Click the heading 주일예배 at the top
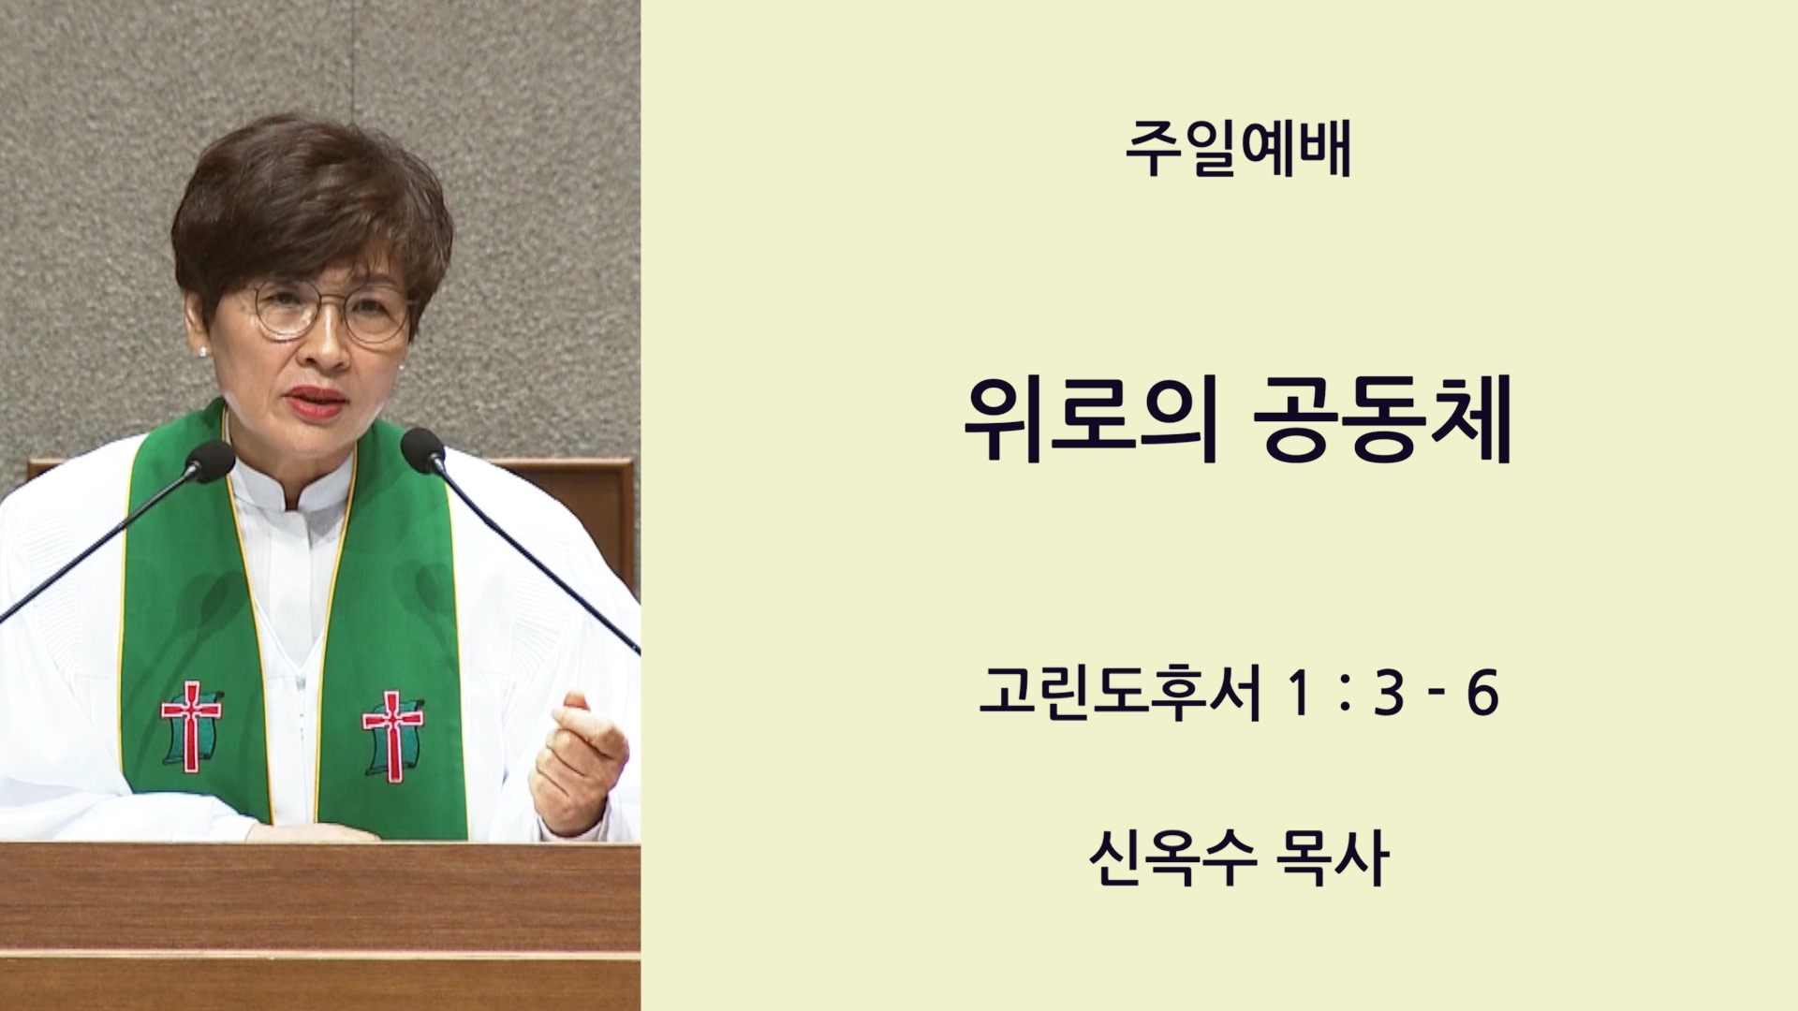(x=1238, y=149)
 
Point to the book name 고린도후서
(x=1120, y=694)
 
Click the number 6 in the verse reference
(x=1482, y=694)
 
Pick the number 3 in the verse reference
(x=1390, y=694)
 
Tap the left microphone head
(x=210, y=461)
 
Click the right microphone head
(x=422, y=449)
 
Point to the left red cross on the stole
(x=191, y=725)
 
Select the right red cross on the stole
(x=393, y=736)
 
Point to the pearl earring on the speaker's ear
(x=203, y=351)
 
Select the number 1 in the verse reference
(x=1297, y=694)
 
